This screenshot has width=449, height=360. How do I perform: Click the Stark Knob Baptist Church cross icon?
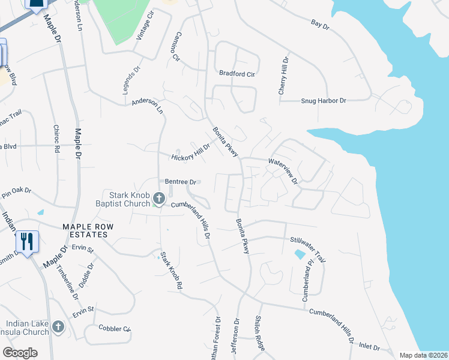point(159,198)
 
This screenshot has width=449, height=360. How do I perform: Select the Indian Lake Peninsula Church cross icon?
point(58,327)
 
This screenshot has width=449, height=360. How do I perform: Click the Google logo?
point(20,353)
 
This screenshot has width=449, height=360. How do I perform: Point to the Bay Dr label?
point(321,25)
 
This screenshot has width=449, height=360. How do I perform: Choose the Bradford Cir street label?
point(237,74)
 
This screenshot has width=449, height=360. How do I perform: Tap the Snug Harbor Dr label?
point(324,101)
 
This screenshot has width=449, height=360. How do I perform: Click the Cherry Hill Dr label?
point(283,76)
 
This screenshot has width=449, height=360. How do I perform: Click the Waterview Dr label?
point(283,170)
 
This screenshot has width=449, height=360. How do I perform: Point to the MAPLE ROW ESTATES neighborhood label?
point(85,230)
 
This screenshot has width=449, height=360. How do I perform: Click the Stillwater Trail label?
point(308,249)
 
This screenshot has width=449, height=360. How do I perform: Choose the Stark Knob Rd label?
point(170,271)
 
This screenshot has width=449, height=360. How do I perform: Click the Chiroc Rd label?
point(57,139)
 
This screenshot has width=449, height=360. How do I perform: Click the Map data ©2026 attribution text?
point(423,355)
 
